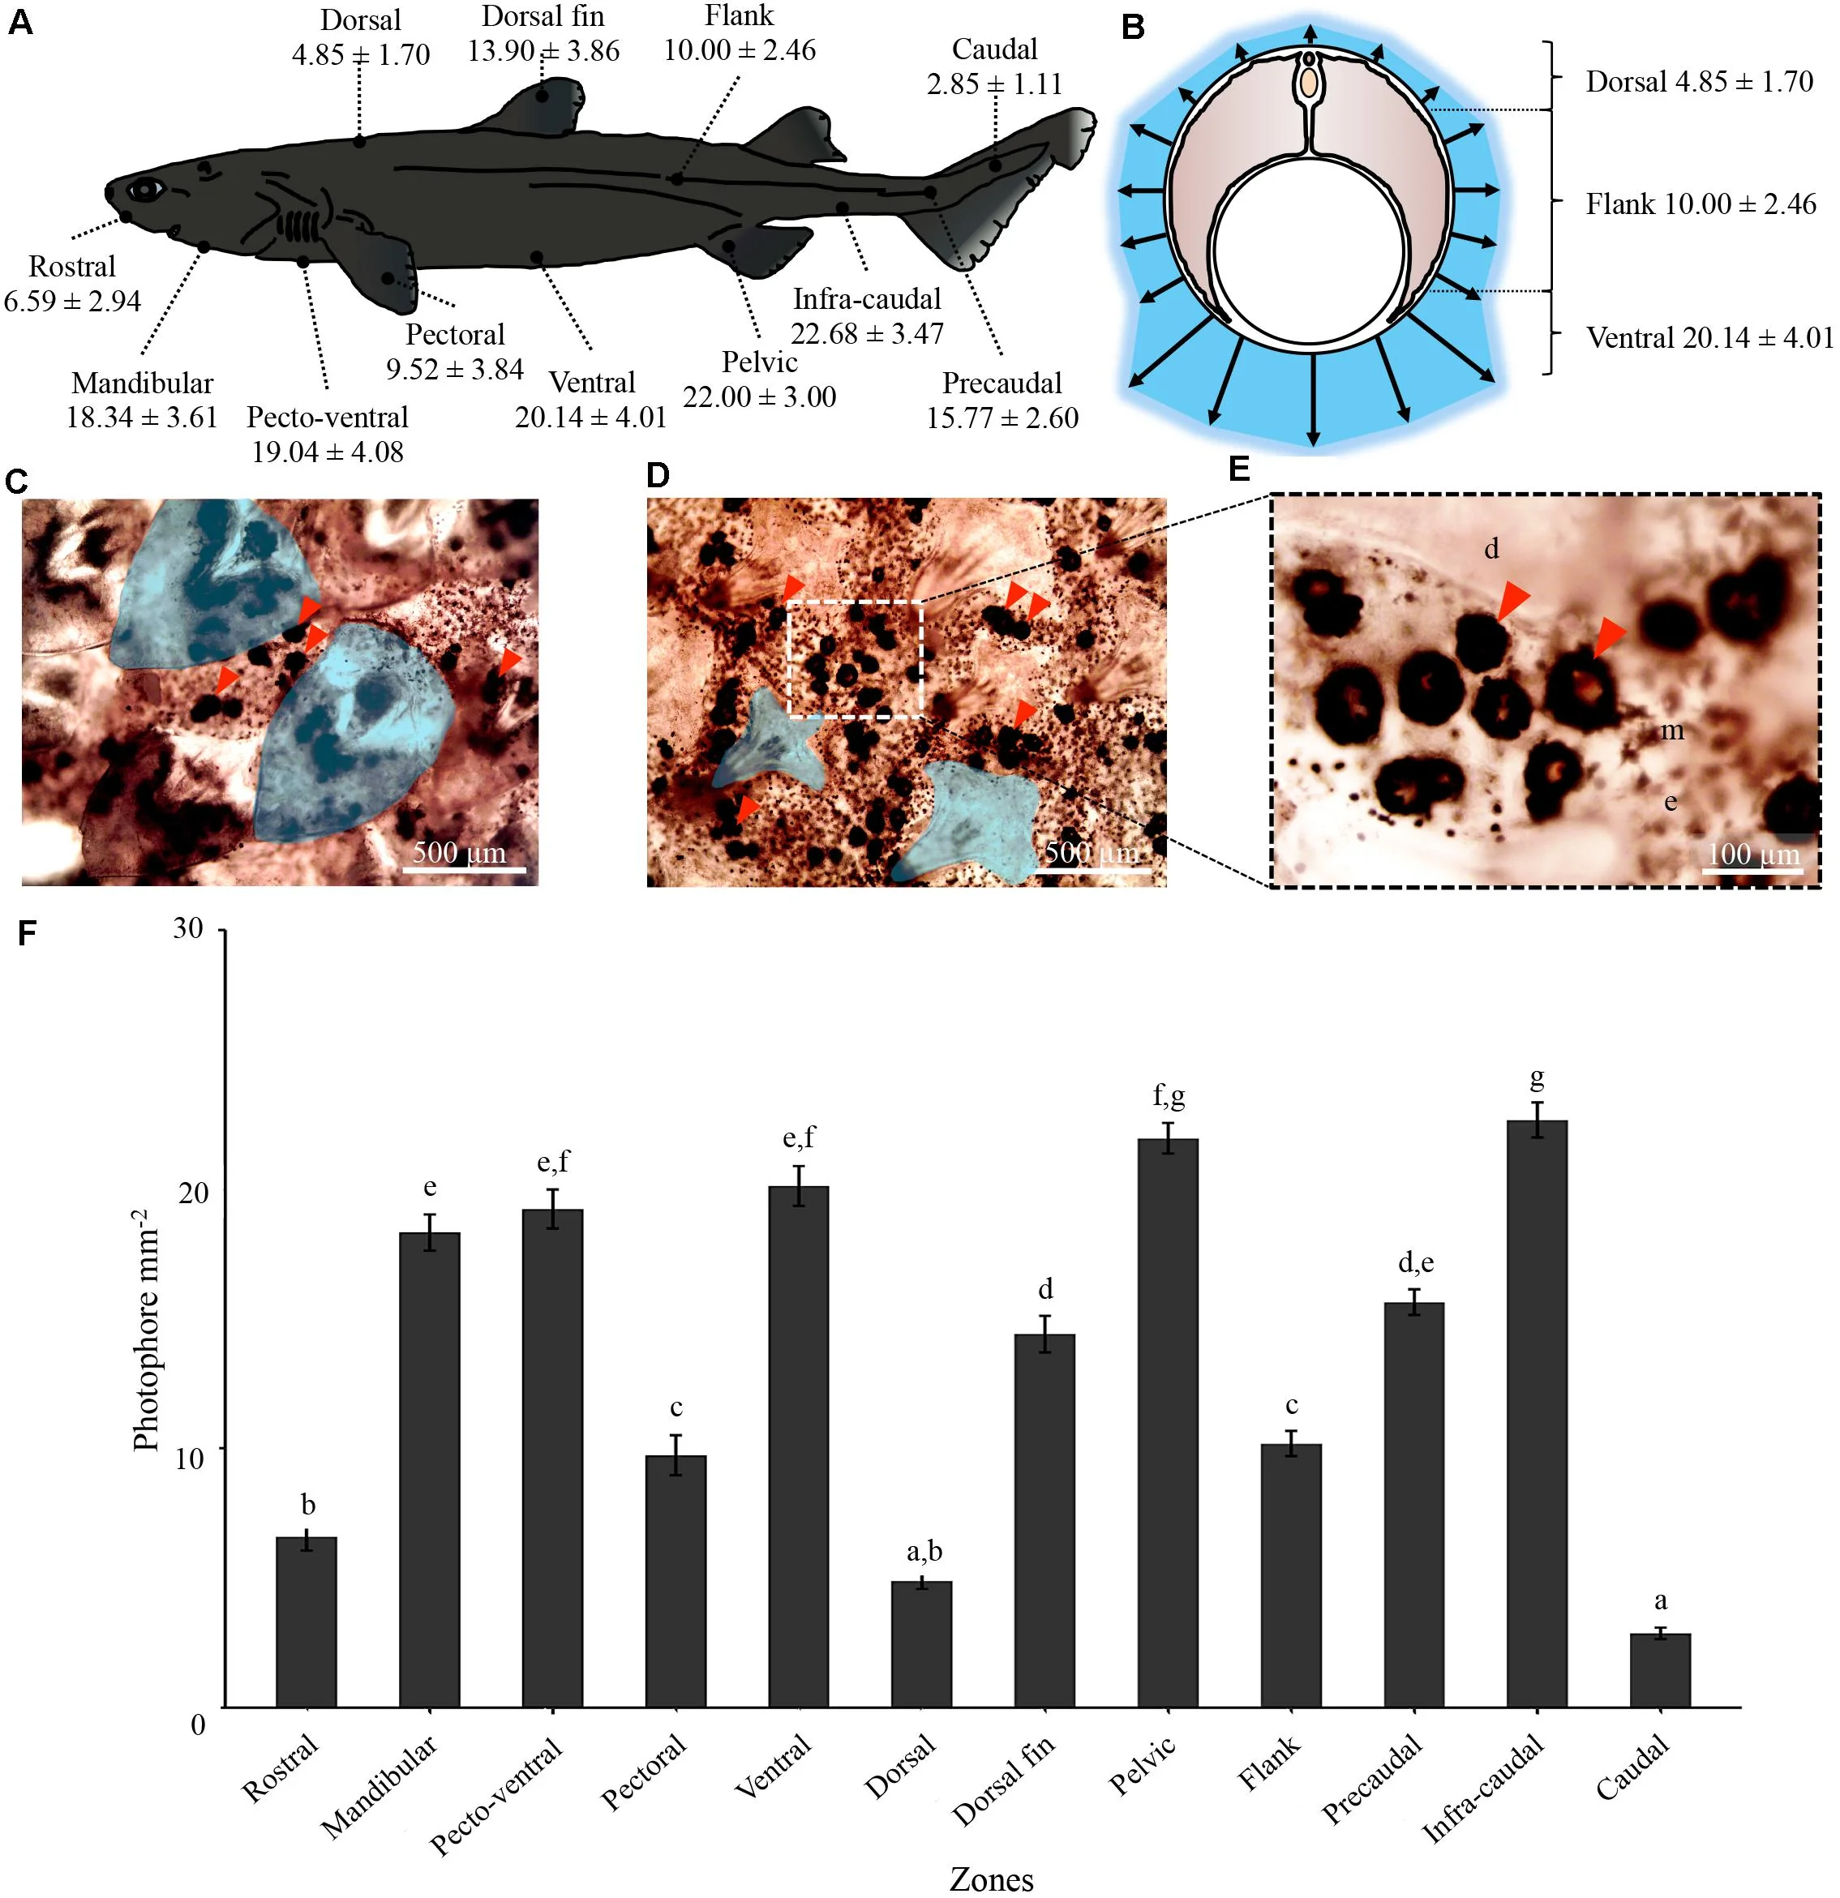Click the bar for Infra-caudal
pos(1537,1413)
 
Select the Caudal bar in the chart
pos(1660,1670)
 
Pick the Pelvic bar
pos(1168,1423)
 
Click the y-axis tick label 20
pos(191,1193)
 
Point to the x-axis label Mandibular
pos(380,1784)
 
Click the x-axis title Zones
pos(992,1879)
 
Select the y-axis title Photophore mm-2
pos(145,1330)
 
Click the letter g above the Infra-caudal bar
pos(1537,1077)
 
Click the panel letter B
pos(1133,26)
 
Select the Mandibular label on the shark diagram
pos(143,383)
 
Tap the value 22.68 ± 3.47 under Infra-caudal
pos(867,333)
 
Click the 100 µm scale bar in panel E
pos(1752,871)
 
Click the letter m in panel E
pos(1672,731)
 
